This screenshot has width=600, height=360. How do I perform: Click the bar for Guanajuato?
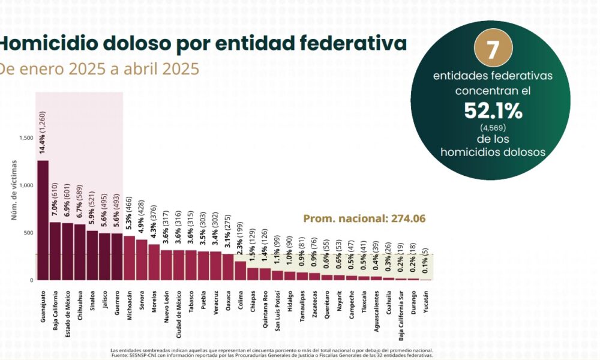point(43,220)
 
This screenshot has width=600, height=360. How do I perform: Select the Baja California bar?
point(55,251)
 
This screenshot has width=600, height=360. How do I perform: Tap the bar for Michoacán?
point(129,258)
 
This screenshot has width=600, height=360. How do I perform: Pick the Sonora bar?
point(142,260)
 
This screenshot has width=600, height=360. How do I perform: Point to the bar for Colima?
point(240,271)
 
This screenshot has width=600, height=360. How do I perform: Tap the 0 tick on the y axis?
point(31,280)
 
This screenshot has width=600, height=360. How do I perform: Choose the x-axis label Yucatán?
point(425,304)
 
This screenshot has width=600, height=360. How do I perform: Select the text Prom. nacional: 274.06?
point(364,219)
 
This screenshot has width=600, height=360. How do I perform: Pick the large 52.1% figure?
point(492,110)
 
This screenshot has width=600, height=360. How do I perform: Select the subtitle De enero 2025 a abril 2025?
point(99,69)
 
